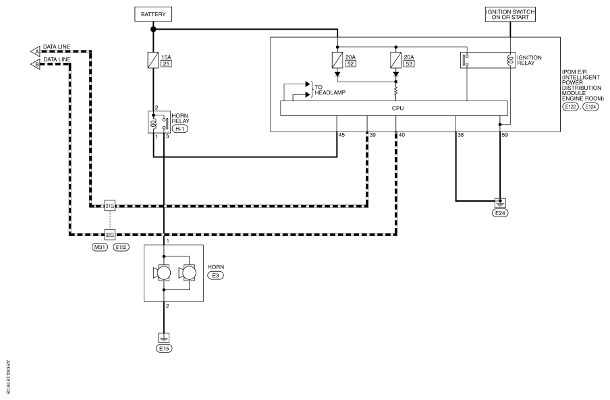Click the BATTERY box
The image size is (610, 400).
coord(153,14)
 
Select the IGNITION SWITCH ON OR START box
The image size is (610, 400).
coord(510,14)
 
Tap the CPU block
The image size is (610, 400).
coord(393,108)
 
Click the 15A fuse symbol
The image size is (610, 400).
coord(153,60)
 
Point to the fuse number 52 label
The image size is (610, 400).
coord(350,64)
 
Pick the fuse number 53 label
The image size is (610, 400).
coord(409,64)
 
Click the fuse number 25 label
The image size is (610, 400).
coord(167,64)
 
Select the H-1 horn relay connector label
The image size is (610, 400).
coord(179,129)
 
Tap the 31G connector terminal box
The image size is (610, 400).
coord(110,206)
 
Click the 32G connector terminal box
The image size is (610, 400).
coord(110,235)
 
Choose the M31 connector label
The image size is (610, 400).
coord(100,247)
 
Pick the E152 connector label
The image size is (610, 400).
coord(121,247)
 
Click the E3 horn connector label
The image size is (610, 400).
coord(216,276)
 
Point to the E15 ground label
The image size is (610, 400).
coord(164,348)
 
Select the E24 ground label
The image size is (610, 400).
coord(500,213)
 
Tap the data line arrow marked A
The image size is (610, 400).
coord(35,52)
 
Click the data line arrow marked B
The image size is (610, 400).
coord(35,65)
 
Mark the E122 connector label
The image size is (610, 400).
coord(570,107)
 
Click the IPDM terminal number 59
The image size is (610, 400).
coord(505,135)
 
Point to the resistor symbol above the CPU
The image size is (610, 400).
coord(396,92)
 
